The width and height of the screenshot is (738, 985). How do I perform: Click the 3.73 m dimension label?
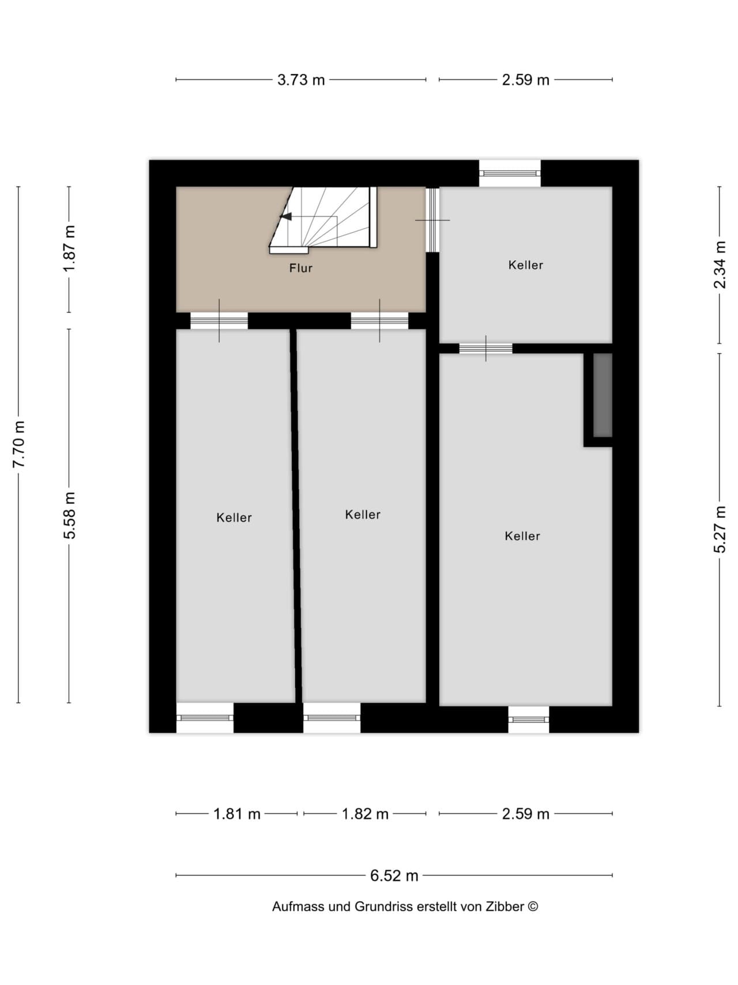(301, 80)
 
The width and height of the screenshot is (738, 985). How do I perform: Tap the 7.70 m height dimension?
(19, 444)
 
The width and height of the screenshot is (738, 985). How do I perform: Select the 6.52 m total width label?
(394, 875)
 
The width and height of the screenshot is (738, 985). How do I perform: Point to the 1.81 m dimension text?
(237, 814)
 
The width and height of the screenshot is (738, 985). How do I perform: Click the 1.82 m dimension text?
(365, 814)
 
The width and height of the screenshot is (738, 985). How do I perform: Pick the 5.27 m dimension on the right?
(720, 529)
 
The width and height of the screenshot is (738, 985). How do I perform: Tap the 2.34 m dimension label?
(720, 265)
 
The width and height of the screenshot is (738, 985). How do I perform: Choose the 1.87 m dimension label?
(69, 249)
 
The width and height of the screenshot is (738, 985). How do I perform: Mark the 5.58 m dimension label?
(69, 515)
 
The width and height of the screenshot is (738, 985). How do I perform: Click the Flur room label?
(301, 268)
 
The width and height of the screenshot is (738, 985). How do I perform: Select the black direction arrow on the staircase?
(285, 216)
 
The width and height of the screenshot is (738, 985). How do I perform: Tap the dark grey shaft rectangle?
(603, 395)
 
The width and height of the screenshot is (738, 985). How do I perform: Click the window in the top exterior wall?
(510, 173)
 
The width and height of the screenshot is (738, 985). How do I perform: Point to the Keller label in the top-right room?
(525, 265)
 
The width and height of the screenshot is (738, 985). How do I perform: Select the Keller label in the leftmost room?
(234, 518)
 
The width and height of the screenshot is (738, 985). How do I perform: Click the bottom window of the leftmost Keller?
(205, 718)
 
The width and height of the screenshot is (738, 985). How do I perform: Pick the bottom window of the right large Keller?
(528, 720)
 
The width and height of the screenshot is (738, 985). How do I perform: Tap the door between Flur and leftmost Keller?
(219, 321)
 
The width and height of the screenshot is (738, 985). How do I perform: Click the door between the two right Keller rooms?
(485, 348)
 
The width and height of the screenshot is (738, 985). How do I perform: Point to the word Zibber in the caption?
(505, 907)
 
